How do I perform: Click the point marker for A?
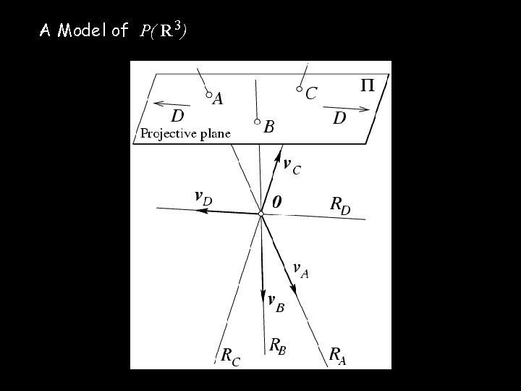point(208,95)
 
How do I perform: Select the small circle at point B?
point(257,122)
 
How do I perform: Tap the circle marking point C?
point(299,90)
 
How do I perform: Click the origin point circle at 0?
point(261,213)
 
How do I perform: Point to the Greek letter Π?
point(368,86)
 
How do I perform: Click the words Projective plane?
point(185,133)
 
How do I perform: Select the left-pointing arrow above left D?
point(171,104)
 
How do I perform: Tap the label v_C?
point(292,167)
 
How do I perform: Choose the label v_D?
point(203,196)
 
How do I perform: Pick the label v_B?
point(276,303)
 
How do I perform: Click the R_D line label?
point(340,206)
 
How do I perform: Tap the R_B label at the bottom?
point(278,347)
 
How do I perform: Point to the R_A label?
point(337,355)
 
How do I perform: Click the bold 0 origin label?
point(276,203)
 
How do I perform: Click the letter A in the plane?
point(217,100)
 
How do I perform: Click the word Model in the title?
point(82,30)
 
